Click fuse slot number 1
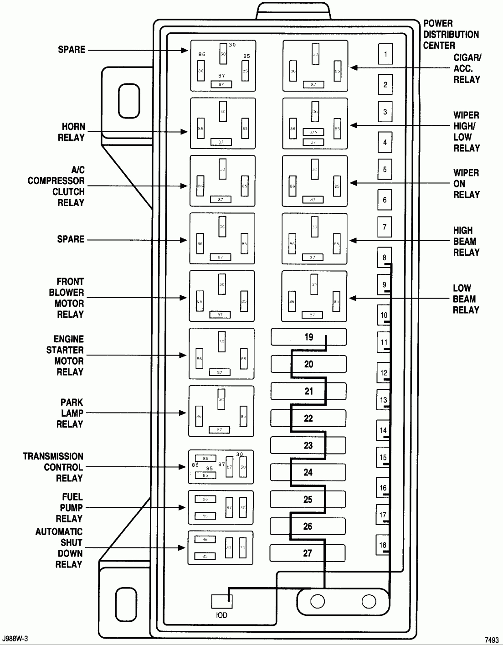pos(385,54)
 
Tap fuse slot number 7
pos(385,227)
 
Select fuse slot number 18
pos(383,545)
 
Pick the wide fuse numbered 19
pos(308,337)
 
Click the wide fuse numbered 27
pos(308,553)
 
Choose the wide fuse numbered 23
pos(308,445)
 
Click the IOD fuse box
pos(222,601)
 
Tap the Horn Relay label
pos(72,132)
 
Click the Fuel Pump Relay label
pos(69,508)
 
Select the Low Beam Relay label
pos(466,299)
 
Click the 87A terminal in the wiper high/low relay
pos(313,132)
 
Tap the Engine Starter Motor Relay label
pos(65,356)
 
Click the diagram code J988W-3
pos(18,639)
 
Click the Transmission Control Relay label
pos(53,467)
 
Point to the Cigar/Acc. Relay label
pos(467,68)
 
